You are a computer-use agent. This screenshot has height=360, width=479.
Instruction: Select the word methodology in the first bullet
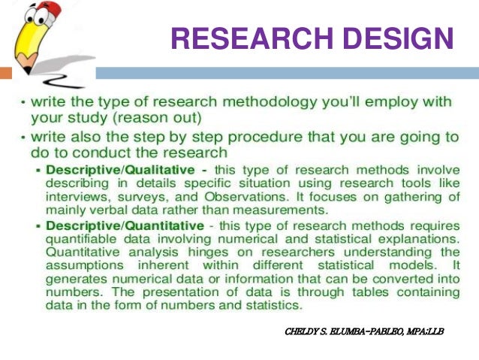point(277,101)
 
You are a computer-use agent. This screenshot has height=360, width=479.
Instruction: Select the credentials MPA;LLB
point(422,331)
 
